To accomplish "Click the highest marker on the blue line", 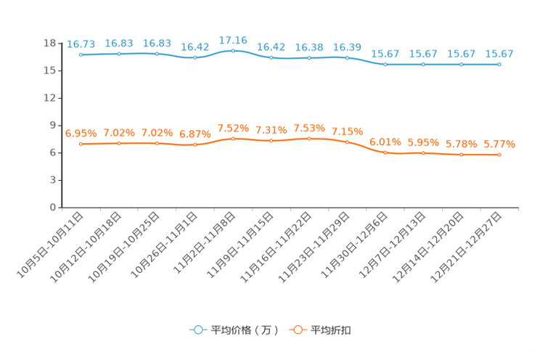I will [x=233, y=51].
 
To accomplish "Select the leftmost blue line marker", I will [x=81, y=54].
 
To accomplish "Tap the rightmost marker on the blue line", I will [x=499, y=65].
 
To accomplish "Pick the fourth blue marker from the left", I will [x=195, y=57].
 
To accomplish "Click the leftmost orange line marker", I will [x=81, y=144].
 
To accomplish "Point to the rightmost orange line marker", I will [x=499, y=155].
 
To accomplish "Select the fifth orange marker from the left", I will [x=233, y=138].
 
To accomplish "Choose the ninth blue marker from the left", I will [x=385, y=65].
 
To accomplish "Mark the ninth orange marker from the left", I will [x=385, y=152].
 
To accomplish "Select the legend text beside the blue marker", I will [x=244, y=330].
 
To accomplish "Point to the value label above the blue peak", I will [x=233, y=38].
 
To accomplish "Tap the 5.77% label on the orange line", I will [x=499, y=144].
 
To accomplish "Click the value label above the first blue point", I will [x=81, y=44].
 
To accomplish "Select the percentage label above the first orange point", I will [x=81, y=133].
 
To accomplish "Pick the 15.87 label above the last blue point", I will [x=499, y=54].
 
